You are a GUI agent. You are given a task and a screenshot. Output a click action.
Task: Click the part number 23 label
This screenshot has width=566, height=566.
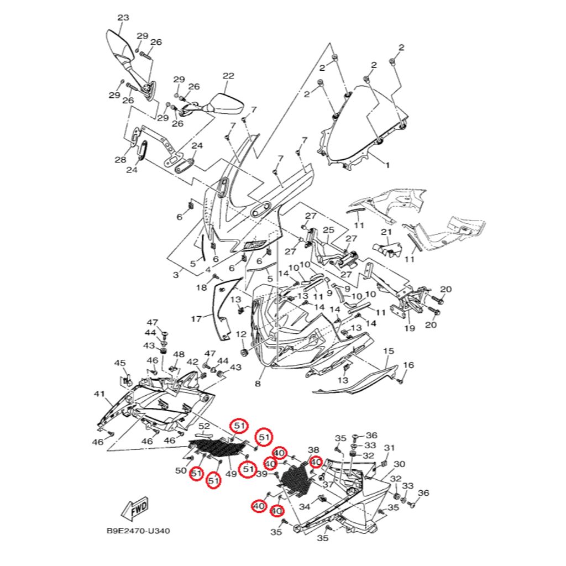(x=123, y=18)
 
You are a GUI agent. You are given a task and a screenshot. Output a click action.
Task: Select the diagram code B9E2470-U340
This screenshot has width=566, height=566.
(x=138, y=531)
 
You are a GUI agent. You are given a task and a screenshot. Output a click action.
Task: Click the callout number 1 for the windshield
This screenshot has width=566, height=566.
(x=387, y=165)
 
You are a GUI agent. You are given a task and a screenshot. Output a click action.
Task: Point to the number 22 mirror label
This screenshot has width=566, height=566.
(x=229, y=76)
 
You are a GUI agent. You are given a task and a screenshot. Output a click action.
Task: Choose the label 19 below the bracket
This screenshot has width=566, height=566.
(x=409, y=328)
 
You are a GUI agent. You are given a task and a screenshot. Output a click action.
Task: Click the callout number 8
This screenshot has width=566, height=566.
(x=258, y=384)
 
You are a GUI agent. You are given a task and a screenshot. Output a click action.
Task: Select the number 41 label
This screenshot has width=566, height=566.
(x=99, y=394)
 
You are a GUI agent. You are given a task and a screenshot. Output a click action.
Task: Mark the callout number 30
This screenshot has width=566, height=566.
(x=400, y=464)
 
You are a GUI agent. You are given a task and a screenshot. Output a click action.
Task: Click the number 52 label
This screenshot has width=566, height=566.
(x=205, y=426)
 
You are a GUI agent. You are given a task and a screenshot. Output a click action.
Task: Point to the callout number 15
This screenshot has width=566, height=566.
(x=389, y=351)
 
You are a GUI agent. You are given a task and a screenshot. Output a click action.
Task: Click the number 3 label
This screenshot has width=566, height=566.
(x=176, y=275)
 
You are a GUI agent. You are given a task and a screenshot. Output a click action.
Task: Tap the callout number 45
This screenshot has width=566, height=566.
(x=120, y=363)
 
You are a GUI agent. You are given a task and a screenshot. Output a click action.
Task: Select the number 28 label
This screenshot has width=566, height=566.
(x=120, y=160)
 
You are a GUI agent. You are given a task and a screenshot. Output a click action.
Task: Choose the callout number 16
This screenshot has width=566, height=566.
(x=408, y=365)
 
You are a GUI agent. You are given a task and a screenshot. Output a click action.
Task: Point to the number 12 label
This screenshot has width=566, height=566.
(x=241, y=334)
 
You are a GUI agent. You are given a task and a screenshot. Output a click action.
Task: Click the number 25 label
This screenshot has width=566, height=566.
(x=329, y=229)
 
